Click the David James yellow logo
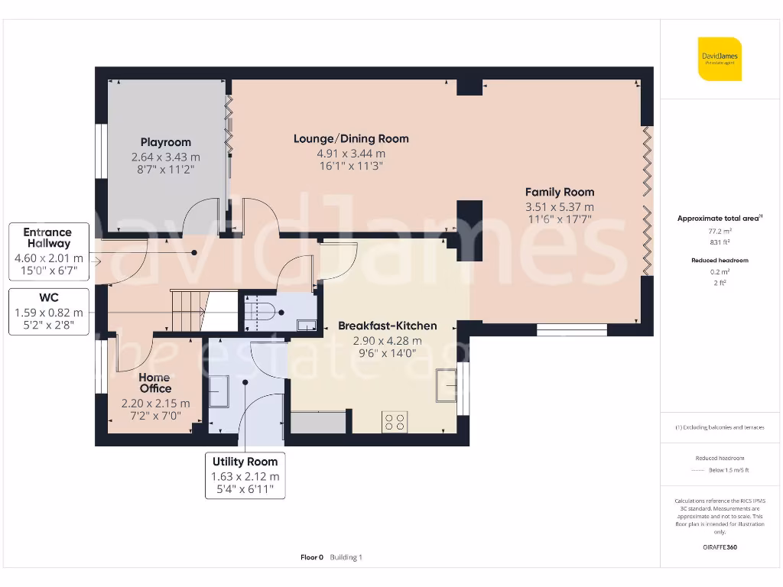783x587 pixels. tap(720, 59)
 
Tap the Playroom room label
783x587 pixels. tap(166, 142)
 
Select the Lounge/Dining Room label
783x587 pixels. tap(351, 138)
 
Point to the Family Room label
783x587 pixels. tap(559, 192)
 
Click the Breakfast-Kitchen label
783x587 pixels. tap(388, 326)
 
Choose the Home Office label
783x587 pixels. tap(155, 383)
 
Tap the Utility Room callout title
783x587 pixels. tap(245, 462)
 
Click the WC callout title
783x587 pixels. tap(49, 297)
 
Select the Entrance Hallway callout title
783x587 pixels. tap(47, 238)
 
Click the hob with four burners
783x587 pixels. tap(395, 422)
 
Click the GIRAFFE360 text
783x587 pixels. tap(720, 547)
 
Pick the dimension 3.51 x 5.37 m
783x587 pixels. tap(559, 207)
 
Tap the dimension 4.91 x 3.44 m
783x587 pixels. tap(351, 154)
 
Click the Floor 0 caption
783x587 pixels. tap(312, 557)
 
